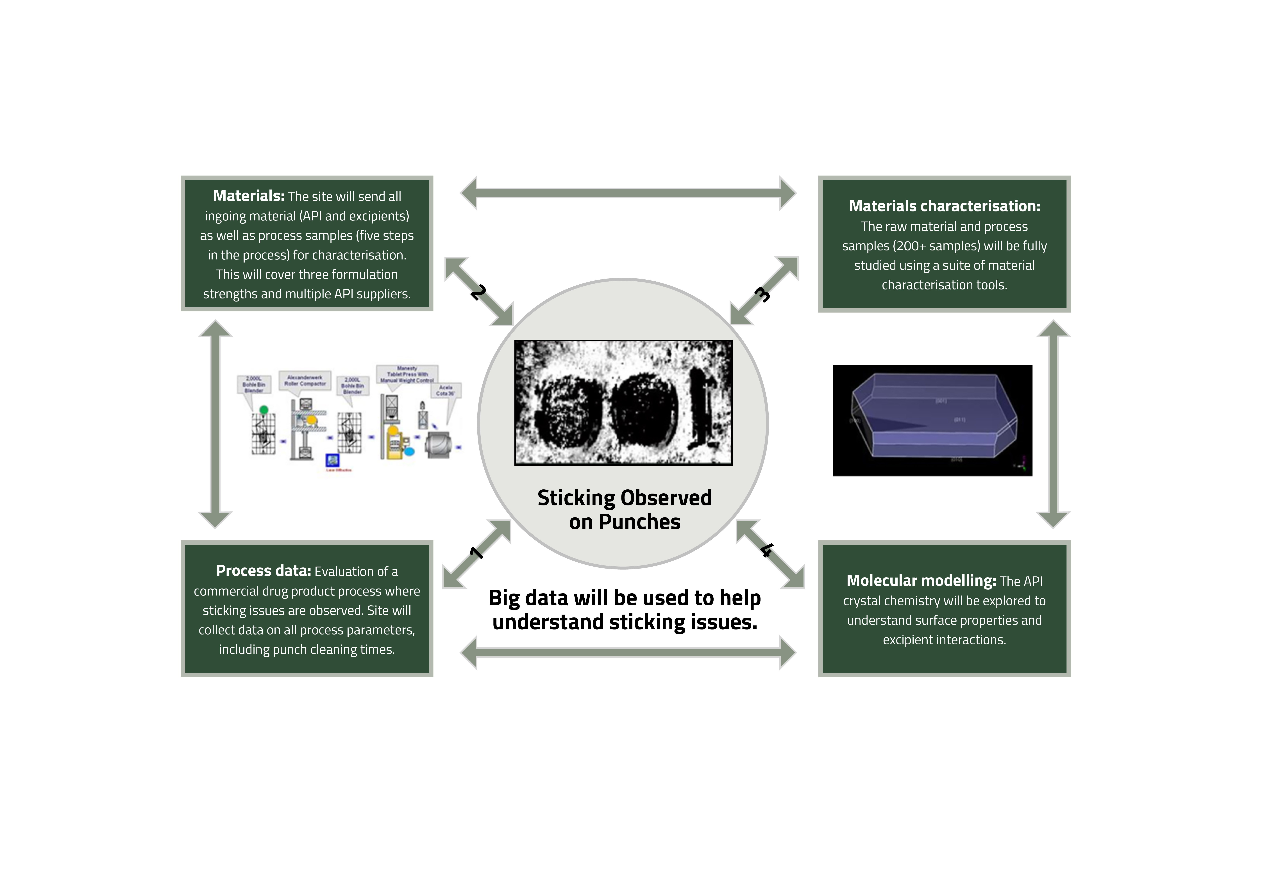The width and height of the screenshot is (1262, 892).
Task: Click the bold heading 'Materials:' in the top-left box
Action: click(248, 196)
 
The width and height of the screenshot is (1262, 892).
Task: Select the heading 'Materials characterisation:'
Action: click(944, 206)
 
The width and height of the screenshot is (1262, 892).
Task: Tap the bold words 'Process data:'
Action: click(263, 571)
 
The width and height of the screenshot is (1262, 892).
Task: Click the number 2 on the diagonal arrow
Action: click(478, 292)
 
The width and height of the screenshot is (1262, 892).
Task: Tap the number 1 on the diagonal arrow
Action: click(476, 552)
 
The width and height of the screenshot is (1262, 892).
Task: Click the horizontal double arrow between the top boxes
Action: click(628, 193)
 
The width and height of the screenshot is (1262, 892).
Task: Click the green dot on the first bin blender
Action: click(264, 409)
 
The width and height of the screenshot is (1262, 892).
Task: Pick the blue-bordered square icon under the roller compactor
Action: click(333, 459)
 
